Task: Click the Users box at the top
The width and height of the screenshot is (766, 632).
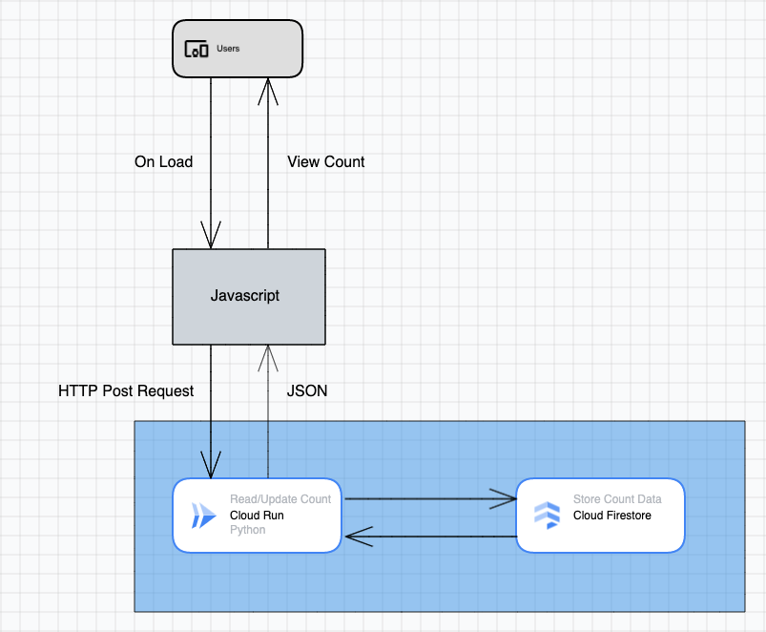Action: pos(237,49)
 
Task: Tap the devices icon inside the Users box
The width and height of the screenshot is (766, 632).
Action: pos(196,49)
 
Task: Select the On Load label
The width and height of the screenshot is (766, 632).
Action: pos(163,162)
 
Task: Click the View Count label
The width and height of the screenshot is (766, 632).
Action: pos(325,162)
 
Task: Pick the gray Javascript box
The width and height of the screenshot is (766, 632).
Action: pos(248,296)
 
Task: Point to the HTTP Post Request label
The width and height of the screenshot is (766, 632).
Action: pos(126,390)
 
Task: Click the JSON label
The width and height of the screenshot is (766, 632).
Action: pos(307,390)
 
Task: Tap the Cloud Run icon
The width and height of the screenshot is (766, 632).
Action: pos(203,516)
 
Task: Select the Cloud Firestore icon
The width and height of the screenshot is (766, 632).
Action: pos(547,515)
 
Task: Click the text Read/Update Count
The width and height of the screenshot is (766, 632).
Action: pos(280,499)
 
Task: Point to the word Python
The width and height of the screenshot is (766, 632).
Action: pos(248,530)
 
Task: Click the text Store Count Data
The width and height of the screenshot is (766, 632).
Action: pos(616,499)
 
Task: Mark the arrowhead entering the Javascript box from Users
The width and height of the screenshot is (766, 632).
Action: pos(211,236)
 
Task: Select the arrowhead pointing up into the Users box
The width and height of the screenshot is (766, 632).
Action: pos(268,90)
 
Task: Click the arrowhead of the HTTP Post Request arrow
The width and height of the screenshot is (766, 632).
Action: pos(211,465)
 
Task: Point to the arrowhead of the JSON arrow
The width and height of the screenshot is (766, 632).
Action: pos(268,357)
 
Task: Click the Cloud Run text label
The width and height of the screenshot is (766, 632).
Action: pos(257,516)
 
